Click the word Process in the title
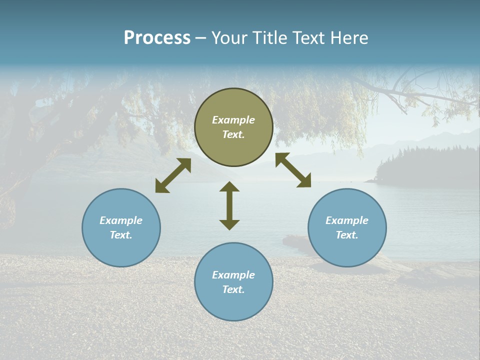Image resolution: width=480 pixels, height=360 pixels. (x=157, y=38)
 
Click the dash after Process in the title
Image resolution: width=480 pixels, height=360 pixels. (x=201, y=38)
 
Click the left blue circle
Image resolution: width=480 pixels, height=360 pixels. (x=121, y=227)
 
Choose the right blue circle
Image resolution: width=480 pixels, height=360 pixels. (x=347, y=227)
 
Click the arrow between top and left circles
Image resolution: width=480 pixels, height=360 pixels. (x=173, y=175)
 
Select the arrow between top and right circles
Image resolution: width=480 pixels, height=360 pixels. (x=293, y=170)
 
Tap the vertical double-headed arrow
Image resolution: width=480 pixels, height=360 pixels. (x=229, y=205)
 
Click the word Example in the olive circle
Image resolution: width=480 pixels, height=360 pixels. (x=233, y=120)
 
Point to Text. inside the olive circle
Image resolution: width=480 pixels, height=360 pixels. (x=233, y=135)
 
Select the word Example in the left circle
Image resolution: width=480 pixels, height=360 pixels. (x=121, y=220)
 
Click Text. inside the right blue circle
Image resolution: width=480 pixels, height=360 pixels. (x=347, y=235)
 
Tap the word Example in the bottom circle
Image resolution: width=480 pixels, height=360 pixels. (x=233, y=275)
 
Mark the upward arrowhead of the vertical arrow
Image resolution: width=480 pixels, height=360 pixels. (x=229, y=186)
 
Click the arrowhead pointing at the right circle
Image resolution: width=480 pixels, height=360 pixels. (x=304, y=181)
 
